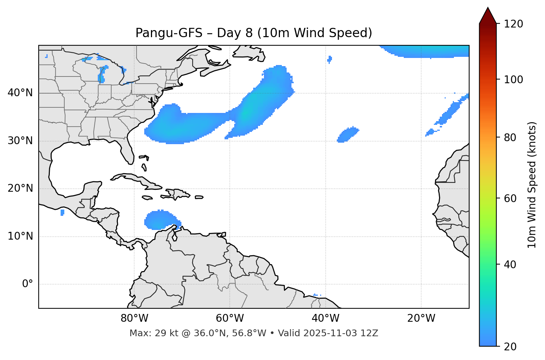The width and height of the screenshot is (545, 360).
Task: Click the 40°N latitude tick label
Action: (x=20, y=93)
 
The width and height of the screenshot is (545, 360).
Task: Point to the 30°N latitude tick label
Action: (x=20, y=141)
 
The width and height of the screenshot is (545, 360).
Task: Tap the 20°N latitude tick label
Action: (x=20, y=188)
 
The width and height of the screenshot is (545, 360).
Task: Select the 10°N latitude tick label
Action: (x=20, y=236)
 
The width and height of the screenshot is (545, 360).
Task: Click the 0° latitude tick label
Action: (x=28, y=284)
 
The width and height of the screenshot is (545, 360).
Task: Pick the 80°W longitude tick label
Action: (x=134, y=318)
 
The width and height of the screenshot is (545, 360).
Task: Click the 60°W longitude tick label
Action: (x=230, y=318)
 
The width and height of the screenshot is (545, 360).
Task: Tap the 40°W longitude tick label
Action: (x=325, y=318)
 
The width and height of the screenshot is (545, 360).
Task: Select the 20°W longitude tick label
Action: (x=421, y=318)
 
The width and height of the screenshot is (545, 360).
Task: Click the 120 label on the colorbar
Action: (x=513, y=24)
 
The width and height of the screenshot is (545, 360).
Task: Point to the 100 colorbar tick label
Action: (x=513, y=80)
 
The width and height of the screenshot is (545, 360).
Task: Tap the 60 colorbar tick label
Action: (x=510, y=198)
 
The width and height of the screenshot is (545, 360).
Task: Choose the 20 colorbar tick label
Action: (x=510, y=347)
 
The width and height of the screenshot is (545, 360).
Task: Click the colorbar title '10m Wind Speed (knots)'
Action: (x=532, y=185)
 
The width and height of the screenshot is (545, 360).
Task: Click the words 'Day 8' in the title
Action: (x=235, y=33)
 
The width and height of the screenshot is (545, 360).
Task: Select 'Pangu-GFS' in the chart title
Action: (x=169, y=33)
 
